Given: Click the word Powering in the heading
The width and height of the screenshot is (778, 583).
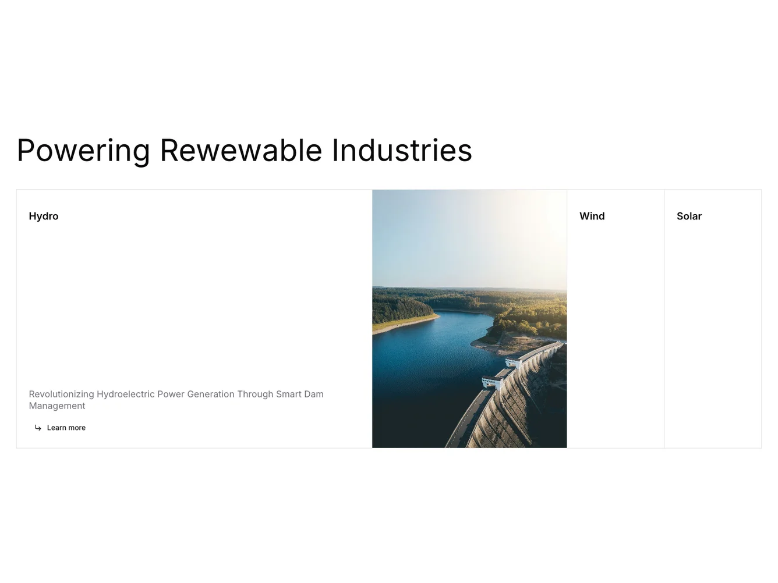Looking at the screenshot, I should point(83,151).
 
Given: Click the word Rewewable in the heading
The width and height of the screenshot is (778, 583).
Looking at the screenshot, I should point(241,151).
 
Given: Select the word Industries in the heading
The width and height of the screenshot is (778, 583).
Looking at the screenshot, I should point(401,151).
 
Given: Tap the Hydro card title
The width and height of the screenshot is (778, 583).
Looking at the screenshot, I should point(44,216).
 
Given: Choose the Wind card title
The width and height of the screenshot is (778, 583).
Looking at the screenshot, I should point(592,216).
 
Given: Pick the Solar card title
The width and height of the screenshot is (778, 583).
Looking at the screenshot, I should point(689,216).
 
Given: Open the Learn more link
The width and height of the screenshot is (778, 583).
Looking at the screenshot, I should point(66,428).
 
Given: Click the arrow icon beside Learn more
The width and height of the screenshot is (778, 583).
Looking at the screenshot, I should point(38,428).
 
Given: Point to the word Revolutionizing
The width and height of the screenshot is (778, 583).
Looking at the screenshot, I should point(61,394).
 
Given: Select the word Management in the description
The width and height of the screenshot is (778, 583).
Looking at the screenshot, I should point(57,406).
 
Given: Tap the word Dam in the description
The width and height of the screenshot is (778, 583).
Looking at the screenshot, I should point(313,394).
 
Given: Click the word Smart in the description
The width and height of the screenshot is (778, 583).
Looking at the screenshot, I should point(288,394).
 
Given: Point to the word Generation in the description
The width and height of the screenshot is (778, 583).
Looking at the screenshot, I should point(210,394).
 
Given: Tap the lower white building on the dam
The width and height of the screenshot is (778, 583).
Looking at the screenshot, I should point(492,381).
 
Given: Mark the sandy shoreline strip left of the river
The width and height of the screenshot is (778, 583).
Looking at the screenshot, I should point(405,324).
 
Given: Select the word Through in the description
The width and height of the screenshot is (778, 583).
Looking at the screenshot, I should point(254,394).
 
